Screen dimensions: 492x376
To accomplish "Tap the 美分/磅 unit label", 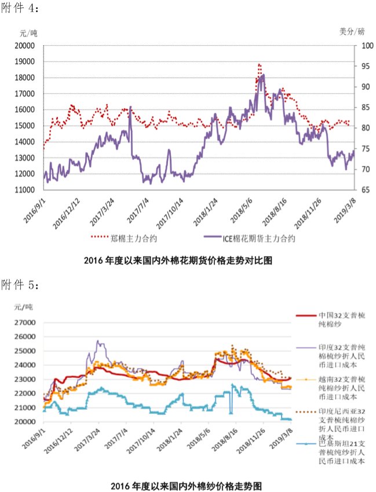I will click(352, 31).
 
